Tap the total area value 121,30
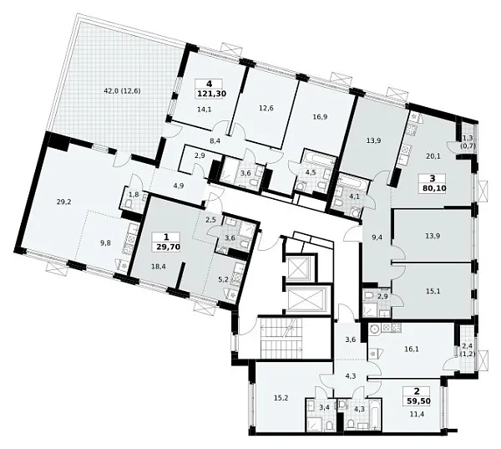tap(210, 94)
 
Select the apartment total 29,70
tap(166, 247)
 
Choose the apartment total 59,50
tap(417, 401)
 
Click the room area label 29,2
tap(63, 202)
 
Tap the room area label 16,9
tap(321, 117)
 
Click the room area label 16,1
tap(412, 349)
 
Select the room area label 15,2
tap(281, 398)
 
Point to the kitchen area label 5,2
tap(224, 279)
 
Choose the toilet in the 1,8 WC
tap(129, 203)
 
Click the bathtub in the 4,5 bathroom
tap(320, 161)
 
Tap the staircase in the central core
tap(281, 338)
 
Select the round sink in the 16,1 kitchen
tap(374, 329)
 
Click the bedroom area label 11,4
tap(417, 414)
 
